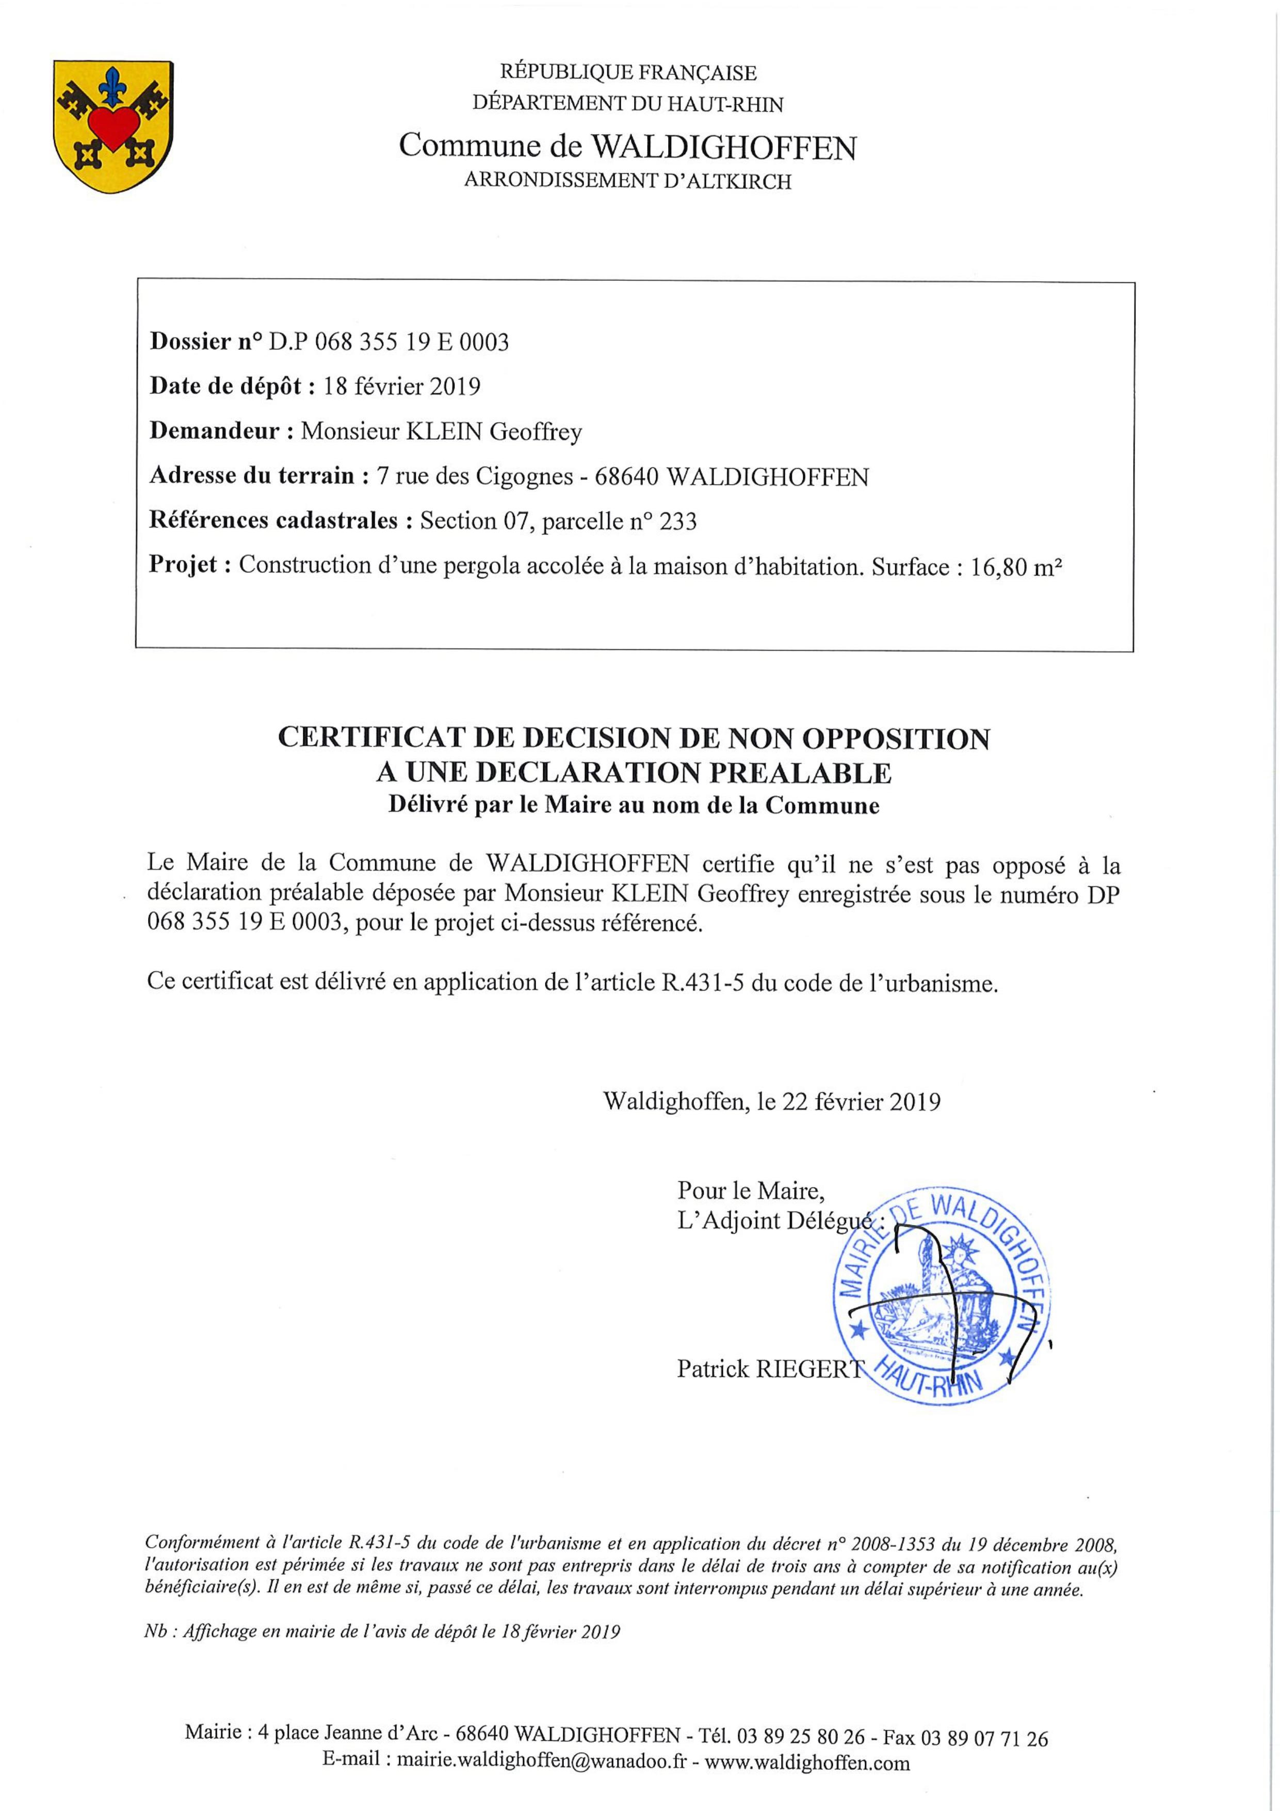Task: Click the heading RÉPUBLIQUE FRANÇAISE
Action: (628, 73)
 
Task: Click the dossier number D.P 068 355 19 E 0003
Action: (389, 342)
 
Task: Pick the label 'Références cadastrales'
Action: (273, 521)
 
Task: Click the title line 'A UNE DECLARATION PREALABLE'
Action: (634, 774)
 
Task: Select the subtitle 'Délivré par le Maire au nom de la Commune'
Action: (634, 806)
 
